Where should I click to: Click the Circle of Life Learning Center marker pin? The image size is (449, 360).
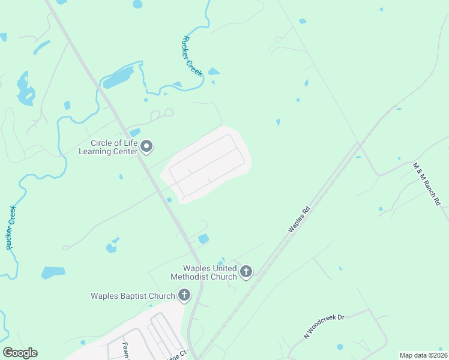tap(146, 146)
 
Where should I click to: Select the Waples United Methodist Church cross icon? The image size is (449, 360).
tap(246, 272)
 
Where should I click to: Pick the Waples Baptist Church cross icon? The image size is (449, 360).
tap(184, 295)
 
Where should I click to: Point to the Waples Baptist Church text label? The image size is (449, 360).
tap(133, 295)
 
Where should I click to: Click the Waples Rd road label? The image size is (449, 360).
tap(298, 220)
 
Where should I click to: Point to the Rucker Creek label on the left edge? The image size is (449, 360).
tap(10, 227)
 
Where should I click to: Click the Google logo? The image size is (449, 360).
tap(20, 353)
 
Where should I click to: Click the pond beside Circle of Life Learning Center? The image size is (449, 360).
tap(134, 132)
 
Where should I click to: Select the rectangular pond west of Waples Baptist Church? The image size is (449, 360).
tap(53, 272)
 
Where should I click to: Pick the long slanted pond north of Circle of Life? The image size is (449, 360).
tap(118, 77)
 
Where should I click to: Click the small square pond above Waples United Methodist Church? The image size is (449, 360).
tap(203, 239)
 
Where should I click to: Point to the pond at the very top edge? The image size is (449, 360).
tap(137, 4)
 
